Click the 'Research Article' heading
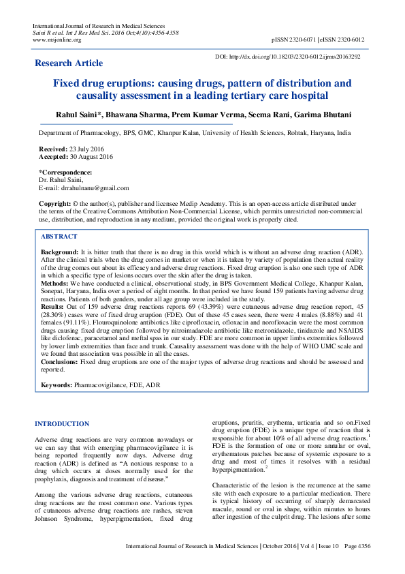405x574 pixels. pos(69,63)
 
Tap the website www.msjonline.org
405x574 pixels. pos(56,40)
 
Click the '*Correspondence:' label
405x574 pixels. pos(65,172)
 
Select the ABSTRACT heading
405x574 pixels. pos(59,236)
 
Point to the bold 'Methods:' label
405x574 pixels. pos(54,282)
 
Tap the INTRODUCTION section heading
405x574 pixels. pos(62,424)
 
